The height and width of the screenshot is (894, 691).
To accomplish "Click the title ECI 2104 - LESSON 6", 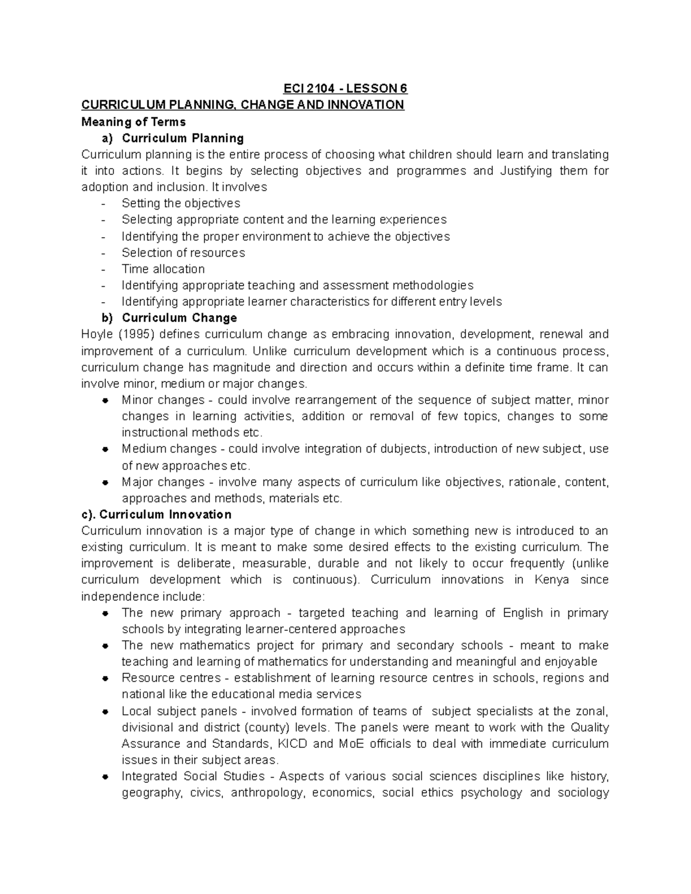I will click(x=345, y=89).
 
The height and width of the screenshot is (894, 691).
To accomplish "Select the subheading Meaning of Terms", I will click(x=134, y=121).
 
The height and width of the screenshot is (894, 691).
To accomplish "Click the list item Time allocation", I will click(x=163, y=269).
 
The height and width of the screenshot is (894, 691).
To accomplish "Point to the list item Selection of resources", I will click(x=183, y=253).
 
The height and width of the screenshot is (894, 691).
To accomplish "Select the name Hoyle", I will click(x=97, y=334).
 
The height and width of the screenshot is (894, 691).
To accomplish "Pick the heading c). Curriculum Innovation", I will click(x=157, y=514).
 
